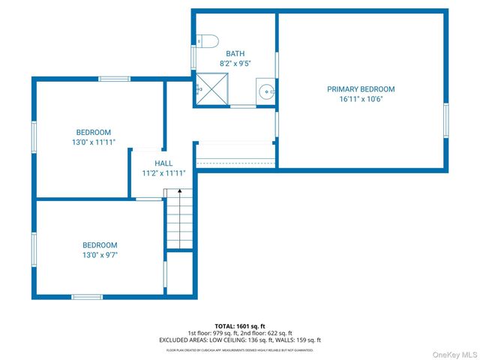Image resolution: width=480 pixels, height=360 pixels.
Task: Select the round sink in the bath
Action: click(x=265, y=91)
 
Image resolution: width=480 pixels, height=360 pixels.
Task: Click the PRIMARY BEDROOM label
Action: click(x=360, y=89)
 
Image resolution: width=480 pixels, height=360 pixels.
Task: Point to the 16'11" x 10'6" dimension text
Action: click(x=360, y=99)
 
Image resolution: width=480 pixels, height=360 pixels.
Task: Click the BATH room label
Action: click(x=235, y=53)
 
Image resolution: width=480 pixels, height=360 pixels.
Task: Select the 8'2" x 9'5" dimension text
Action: click(x=235, y=63)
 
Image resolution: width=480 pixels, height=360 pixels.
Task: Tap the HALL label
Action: click(x=163, y=163)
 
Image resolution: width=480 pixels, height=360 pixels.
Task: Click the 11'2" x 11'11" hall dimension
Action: click(x=163, y=172)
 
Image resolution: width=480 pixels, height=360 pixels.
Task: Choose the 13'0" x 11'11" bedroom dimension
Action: click(x=93, y=142)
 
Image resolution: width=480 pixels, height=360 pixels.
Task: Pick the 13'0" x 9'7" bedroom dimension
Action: click(x=100, y=255)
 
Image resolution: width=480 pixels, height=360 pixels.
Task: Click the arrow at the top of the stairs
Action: click(x=179, y=193)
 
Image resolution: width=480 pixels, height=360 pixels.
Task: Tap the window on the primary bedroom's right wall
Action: click(x=445, y=120)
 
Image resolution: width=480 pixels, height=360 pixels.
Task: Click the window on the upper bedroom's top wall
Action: click(x=114, y=79)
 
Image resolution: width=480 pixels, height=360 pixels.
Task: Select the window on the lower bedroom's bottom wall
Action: click(x=87, y=296)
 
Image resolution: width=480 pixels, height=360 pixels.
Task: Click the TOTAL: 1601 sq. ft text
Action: click(x=239, y=326)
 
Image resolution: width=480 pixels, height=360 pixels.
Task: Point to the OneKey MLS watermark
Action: click(x=452, y=354)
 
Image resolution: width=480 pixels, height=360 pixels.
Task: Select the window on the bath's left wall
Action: click(x=193, y=58)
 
